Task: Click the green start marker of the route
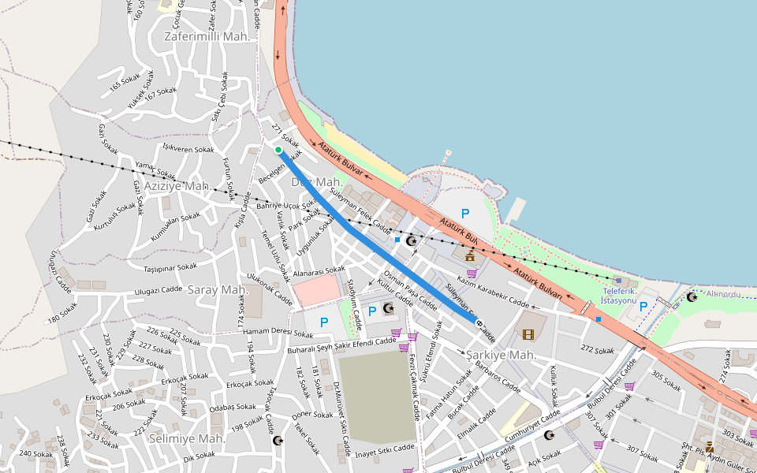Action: click(x=278, y=149)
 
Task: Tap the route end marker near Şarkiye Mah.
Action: click(x=479, y=322)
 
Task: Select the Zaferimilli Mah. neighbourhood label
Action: click(x=207, y=36)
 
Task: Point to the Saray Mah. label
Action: click(x=218, y=289)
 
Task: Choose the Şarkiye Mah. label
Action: click(x=501, y=355)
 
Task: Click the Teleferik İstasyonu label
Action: click(x=619, y=296)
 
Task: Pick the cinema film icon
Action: click(x=528, y=334)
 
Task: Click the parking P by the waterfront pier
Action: click(x=464, y=213)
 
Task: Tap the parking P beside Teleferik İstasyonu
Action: click(x=643, y=306)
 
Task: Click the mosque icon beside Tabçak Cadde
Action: click(x=277, y=440)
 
